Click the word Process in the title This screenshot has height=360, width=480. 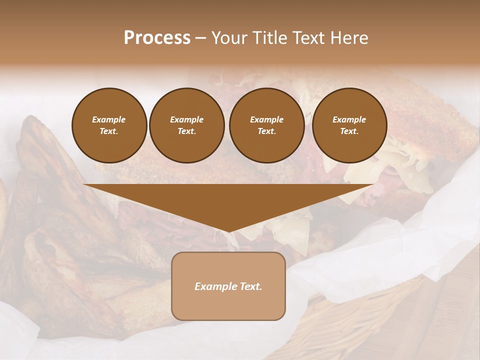157,38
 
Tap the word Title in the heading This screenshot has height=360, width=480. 267,38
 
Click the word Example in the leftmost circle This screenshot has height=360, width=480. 109,119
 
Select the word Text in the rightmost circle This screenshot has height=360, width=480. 349,131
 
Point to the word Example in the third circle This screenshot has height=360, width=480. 266,119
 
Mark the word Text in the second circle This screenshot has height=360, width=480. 186,131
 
